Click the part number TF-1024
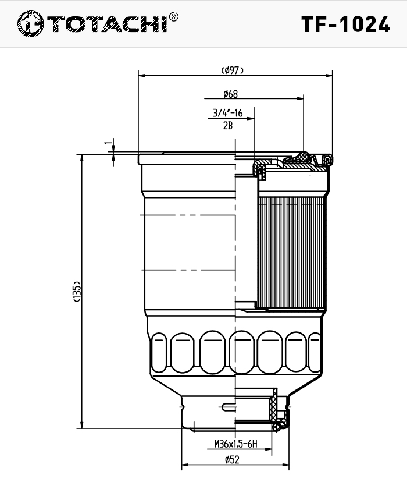[x=345, y=24]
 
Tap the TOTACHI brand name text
[x=108, y=24]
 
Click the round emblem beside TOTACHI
[x=30, y=24]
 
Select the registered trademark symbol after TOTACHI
[x=173, y=17]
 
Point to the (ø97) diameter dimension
[x=233, y=70]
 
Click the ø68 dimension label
[x=231, y=94]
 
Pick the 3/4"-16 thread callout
[x=228, y=113]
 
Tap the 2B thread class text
[x=228, y=126]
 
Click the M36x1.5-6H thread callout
[x=235, y=444]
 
